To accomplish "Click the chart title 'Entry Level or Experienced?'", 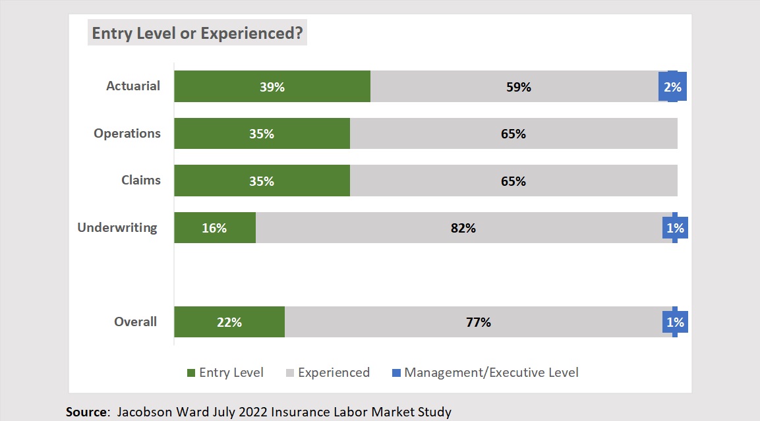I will [197, 34].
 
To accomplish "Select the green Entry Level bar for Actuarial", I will [272, 86].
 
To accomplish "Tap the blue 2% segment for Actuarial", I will [672, 86].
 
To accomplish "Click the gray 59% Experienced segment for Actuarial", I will [518, 86].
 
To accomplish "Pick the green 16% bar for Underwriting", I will [215, 228].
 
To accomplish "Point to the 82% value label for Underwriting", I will [463, 228].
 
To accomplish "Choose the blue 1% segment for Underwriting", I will [675, 228].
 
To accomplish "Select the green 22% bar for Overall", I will [229, 322].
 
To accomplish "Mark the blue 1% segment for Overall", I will [675, 322].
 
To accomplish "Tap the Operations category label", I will [127, 133].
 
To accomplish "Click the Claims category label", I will [141, 180].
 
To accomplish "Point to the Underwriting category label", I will [117, 228].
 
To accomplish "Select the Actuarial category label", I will [133, 86].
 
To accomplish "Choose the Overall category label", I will [136, 322].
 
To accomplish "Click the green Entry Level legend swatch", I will [191, 373].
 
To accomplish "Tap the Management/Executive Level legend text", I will [491, 372].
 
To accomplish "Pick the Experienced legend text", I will [334, 372].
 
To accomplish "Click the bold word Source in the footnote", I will [87, 412].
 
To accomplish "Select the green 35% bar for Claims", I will [262, 181].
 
